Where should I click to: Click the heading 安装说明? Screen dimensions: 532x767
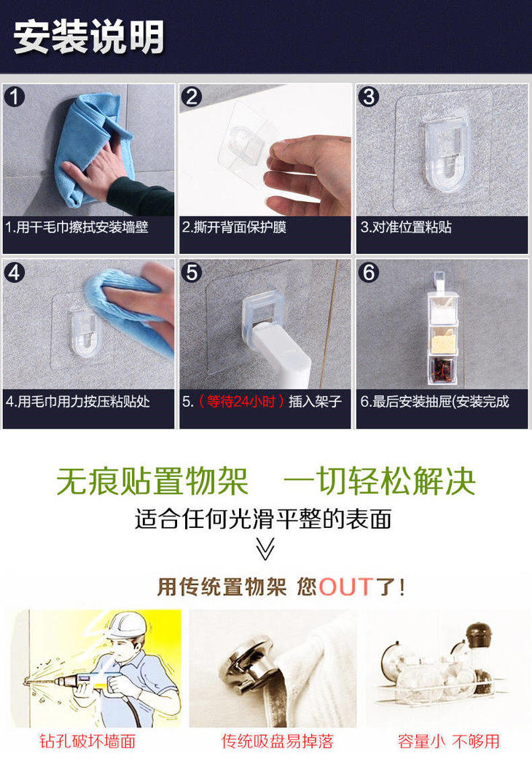(88, 36)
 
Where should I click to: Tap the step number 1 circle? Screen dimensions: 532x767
(15, 96)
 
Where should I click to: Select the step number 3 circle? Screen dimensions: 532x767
(369, 96)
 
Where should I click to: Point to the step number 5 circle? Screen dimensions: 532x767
(192, 273)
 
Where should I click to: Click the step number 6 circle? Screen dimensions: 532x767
(369, 273)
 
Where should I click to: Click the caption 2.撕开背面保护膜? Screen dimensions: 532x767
(234, 227)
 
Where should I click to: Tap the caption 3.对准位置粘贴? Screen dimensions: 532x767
(406, 227)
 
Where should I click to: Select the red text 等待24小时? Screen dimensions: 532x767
(240, 402)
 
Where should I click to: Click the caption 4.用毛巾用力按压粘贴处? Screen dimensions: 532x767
(78, 402)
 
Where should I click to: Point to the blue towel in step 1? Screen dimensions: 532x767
(93, 147)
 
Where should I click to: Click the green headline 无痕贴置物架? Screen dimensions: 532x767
(152, 481)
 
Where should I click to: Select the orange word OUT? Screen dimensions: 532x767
(346, 586)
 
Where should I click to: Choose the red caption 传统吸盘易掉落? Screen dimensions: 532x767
(277, 741)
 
